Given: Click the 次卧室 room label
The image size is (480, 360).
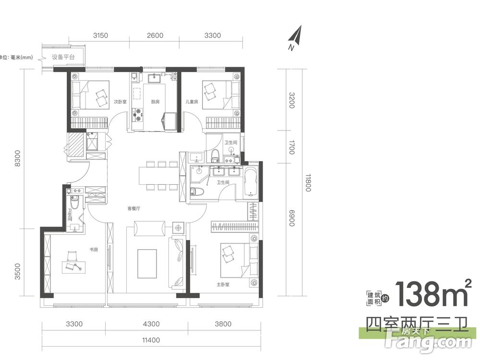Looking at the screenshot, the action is (x=120, y=102).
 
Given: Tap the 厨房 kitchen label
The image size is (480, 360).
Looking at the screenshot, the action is (x=155, y=102).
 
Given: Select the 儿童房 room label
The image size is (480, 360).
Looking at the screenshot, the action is (x=192, y=102).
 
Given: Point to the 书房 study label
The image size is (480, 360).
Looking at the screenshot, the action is (x=94, y=250).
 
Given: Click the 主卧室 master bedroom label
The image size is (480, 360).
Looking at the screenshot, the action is (x=223, y=284).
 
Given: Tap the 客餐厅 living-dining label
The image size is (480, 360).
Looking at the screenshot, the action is (x=134, y=208).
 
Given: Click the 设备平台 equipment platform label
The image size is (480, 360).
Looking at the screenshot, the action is (x=63, y=57).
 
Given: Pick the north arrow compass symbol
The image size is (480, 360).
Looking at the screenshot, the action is (x=295, y=37).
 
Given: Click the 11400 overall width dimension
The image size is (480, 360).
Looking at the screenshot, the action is (x=151, y=340).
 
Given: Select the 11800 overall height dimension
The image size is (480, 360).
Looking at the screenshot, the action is (x=308, y=183).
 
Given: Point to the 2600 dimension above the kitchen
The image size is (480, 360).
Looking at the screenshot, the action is (x=155, y=35).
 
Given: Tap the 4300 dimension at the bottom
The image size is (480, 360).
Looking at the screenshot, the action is (x=151, y=324).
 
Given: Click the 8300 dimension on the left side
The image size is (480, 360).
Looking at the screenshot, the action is (x=17, y=158).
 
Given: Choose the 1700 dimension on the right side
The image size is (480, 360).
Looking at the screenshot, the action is (x=291, y=147).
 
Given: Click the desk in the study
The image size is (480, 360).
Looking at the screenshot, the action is (x=74, y=267).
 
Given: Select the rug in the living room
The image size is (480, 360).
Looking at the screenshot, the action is (x=147, y=264).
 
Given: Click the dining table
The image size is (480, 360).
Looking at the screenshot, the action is (x=158, y=176).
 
